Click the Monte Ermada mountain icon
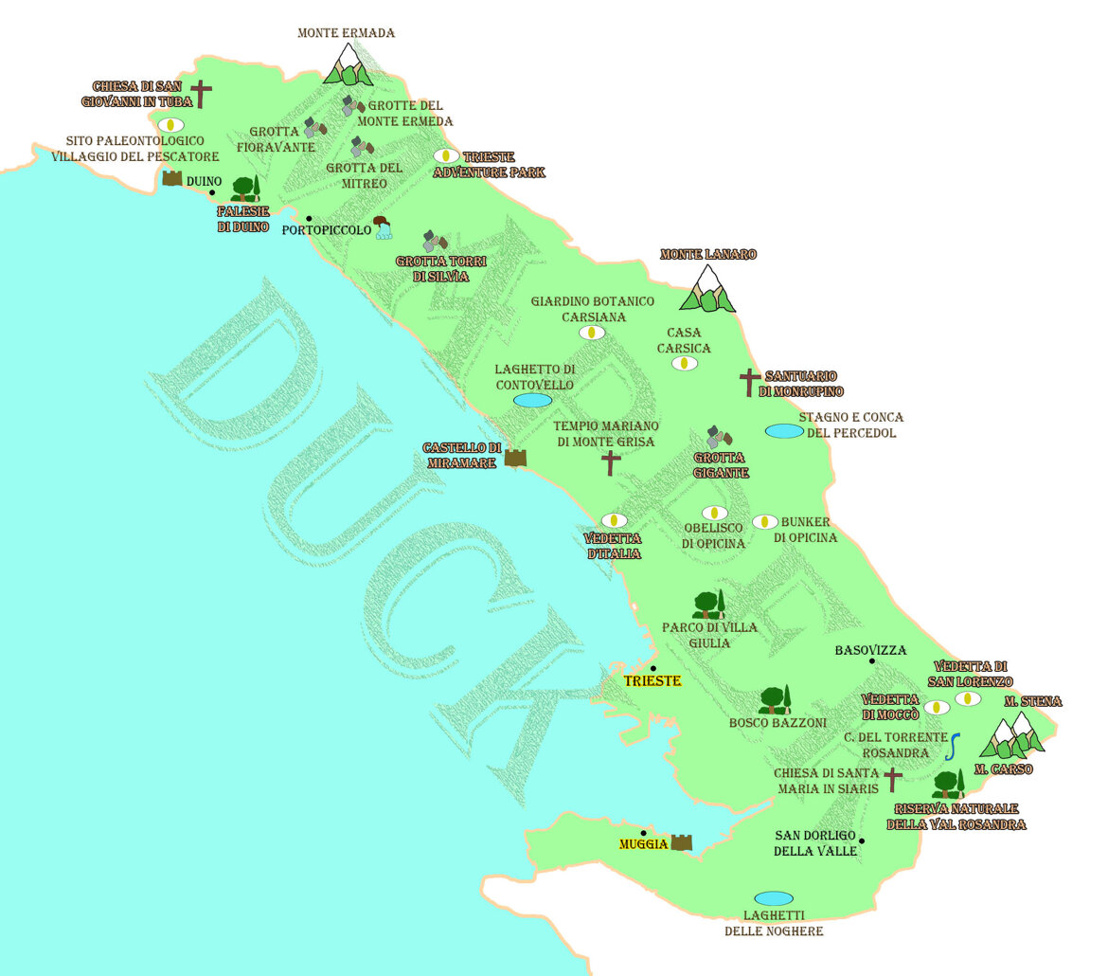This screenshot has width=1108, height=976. pos(348,64)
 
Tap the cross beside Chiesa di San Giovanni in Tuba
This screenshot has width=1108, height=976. pos(201,94)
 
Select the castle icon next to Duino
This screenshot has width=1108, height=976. pos(172,178)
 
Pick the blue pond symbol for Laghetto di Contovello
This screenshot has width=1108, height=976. pos(532,400)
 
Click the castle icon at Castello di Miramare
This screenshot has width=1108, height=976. pos(515,458)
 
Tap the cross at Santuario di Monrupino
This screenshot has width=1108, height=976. pos(750,382)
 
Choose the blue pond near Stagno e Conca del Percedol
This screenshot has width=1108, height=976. pos(784,431)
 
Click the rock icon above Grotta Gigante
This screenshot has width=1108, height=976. pos(720,437)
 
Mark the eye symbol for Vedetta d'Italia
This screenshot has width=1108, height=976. pos(614,520)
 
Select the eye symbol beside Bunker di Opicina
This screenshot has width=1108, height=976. pos(764,522)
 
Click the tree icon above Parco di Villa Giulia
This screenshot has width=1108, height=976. pos(708,605)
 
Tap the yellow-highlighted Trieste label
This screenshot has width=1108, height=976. pos(652,680)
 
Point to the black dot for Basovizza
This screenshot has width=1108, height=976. pos(872,660)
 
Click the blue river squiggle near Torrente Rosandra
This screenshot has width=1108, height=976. pos(954,747)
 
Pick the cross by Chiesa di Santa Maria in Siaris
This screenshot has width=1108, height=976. pos(892,780)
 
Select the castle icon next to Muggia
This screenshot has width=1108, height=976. pos(682,841)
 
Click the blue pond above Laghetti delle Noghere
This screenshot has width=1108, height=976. pos(774,898)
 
